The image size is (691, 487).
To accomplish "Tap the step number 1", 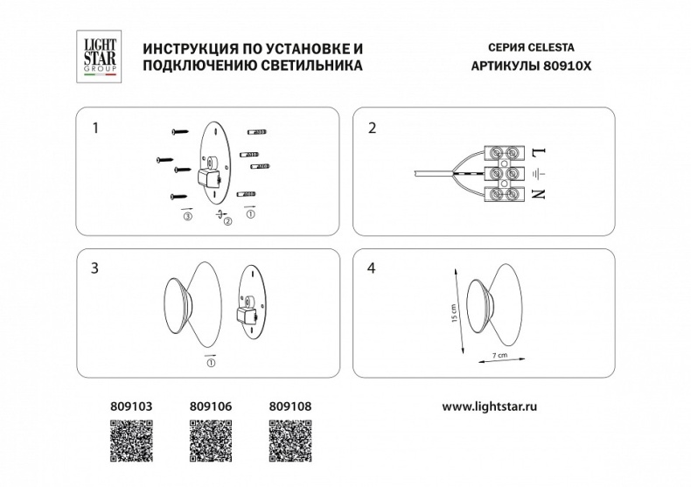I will pos(95,128).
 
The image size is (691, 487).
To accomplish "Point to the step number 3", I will pos(95,268).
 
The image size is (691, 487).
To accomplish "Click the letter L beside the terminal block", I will pos(538,153).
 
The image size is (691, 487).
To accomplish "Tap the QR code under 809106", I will pos(211,442).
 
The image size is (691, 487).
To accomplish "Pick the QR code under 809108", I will pos(290,442).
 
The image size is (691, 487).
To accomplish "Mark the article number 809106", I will pos(211,407).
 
